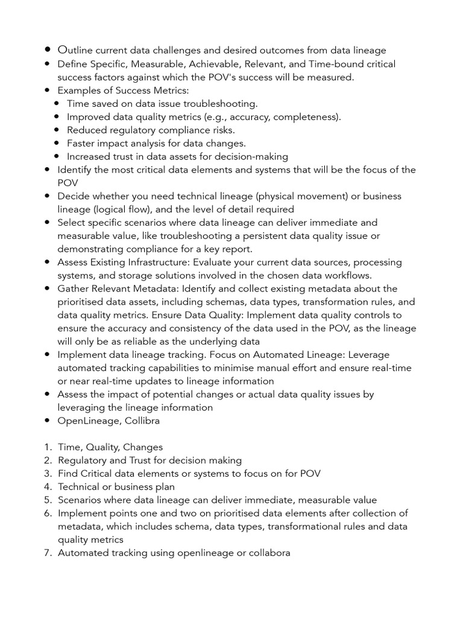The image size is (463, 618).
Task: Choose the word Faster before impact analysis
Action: tap(83, 144)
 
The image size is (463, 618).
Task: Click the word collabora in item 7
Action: tap(266, 553)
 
